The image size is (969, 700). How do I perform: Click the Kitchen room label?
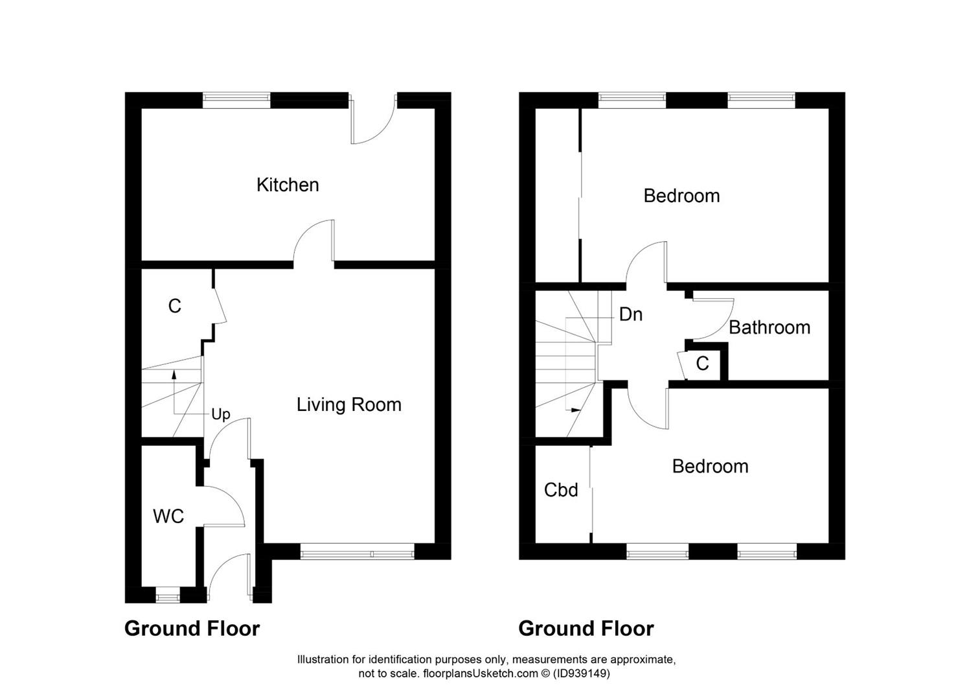[x=288, y=185]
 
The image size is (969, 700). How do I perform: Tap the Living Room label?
[x=348, y=404]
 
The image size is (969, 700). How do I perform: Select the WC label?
[x=168, y=517]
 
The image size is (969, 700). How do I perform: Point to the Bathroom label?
[x=769, y=327]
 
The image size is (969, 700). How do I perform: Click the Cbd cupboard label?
[x=561, y=490]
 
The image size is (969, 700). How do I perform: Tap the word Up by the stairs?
[x=221, y=415]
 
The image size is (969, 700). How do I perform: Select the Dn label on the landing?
[x=631, y=314]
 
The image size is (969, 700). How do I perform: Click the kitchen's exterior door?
[x=372, y=123]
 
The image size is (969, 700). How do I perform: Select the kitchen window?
[x=236, y=100]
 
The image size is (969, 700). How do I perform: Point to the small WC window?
[x=168, y=595]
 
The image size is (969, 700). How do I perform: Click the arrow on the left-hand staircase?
[x=174, y=374]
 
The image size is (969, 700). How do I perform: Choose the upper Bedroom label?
[x=681, y=196]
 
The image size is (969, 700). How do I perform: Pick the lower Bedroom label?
[x=710, y=466]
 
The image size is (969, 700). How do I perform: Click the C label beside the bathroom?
[x=702, y=364]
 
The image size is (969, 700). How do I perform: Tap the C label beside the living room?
[x=174, y=306]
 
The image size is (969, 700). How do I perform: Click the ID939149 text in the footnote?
[x=581, y=673]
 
